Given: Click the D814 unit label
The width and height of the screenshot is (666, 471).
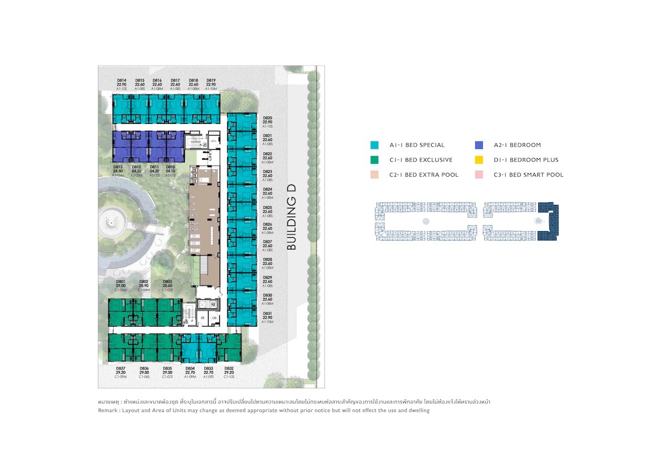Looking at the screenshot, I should (x=122, y=80).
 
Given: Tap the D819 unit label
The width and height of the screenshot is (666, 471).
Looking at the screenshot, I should (x=210, y=80).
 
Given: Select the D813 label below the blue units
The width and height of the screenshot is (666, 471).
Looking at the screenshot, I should (x=118, y=167).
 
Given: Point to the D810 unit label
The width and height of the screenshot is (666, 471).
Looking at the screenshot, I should (x=170, y=167).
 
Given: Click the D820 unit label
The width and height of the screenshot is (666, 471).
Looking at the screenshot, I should (x=268, y=118).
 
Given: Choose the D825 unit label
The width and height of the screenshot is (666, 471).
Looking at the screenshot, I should (x=268, y=207).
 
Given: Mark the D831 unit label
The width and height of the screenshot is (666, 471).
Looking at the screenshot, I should (x=268, y=313).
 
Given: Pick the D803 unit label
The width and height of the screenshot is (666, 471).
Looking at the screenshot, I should (x=167, y=282).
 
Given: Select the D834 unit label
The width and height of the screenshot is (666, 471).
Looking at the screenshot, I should (x=190, y=369).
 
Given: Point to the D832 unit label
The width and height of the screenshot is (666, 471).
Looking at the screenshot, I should (x=229, y=369).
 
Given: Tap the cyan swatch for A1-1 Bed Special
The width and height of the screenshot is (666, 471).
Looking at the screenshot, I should (x=375, y=145).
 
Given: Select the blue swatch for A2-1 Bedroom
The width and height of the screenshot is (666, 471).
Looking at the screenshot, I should (x=479, y=145).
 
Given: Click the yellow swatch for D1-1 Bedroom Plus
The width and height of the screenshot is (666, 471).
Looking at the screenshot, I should (x=479, y=160).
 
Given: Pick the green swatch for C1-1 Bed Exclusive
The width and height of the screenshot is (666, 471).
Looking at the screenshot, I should (x=375, y=160).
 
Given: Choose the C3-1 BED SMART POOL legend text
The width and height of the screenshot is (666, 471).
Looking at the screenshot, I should (x=528, y=175).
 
